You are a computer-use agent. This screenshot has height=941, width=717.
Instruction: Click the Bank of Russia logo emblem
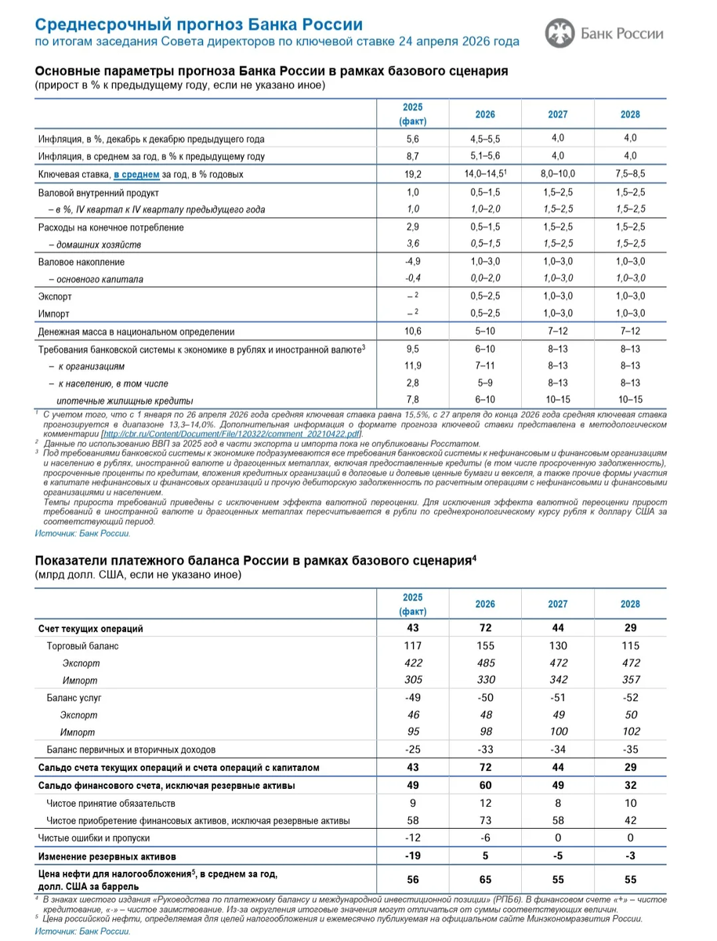tap(559, 33)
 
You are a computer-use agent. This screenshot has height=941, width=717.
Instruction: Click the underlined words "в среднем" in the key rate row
tap(136, 174)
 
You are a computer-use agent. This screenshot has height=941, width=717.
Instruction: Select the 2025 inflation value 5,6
tap(413, 139)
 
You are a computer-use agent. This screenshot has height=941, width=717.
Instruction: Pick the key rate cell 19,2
tap(413, 174)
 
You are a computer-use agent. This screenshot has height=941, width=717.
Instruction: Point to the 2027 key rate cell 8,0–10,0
tap(558, 174)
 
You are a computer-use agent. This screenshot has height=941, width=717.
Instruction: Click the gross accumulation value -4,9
tap(413, 262)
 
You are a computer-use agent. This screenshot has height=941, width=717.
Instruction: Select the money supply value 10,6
tap(413, 332)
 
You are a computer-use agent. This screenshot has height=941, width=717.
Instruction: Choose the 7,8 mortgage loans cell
tap(413, 401)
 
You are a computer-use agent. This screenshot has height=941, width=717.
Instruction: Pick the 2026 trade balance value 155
tap(486, 645)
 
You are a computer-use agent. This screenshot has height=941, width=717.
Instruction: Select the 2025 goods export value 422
tap(413, 663)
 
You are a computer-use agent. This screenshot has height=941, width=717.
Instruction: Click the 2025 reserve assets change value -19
tap(413, 856)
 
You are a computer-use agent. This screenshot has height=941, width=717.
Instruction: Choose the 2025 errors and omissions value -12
tap(413, 838)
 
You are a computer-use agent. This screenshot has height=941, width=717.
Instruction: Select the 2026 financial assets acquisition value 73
tap(486, 820)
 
